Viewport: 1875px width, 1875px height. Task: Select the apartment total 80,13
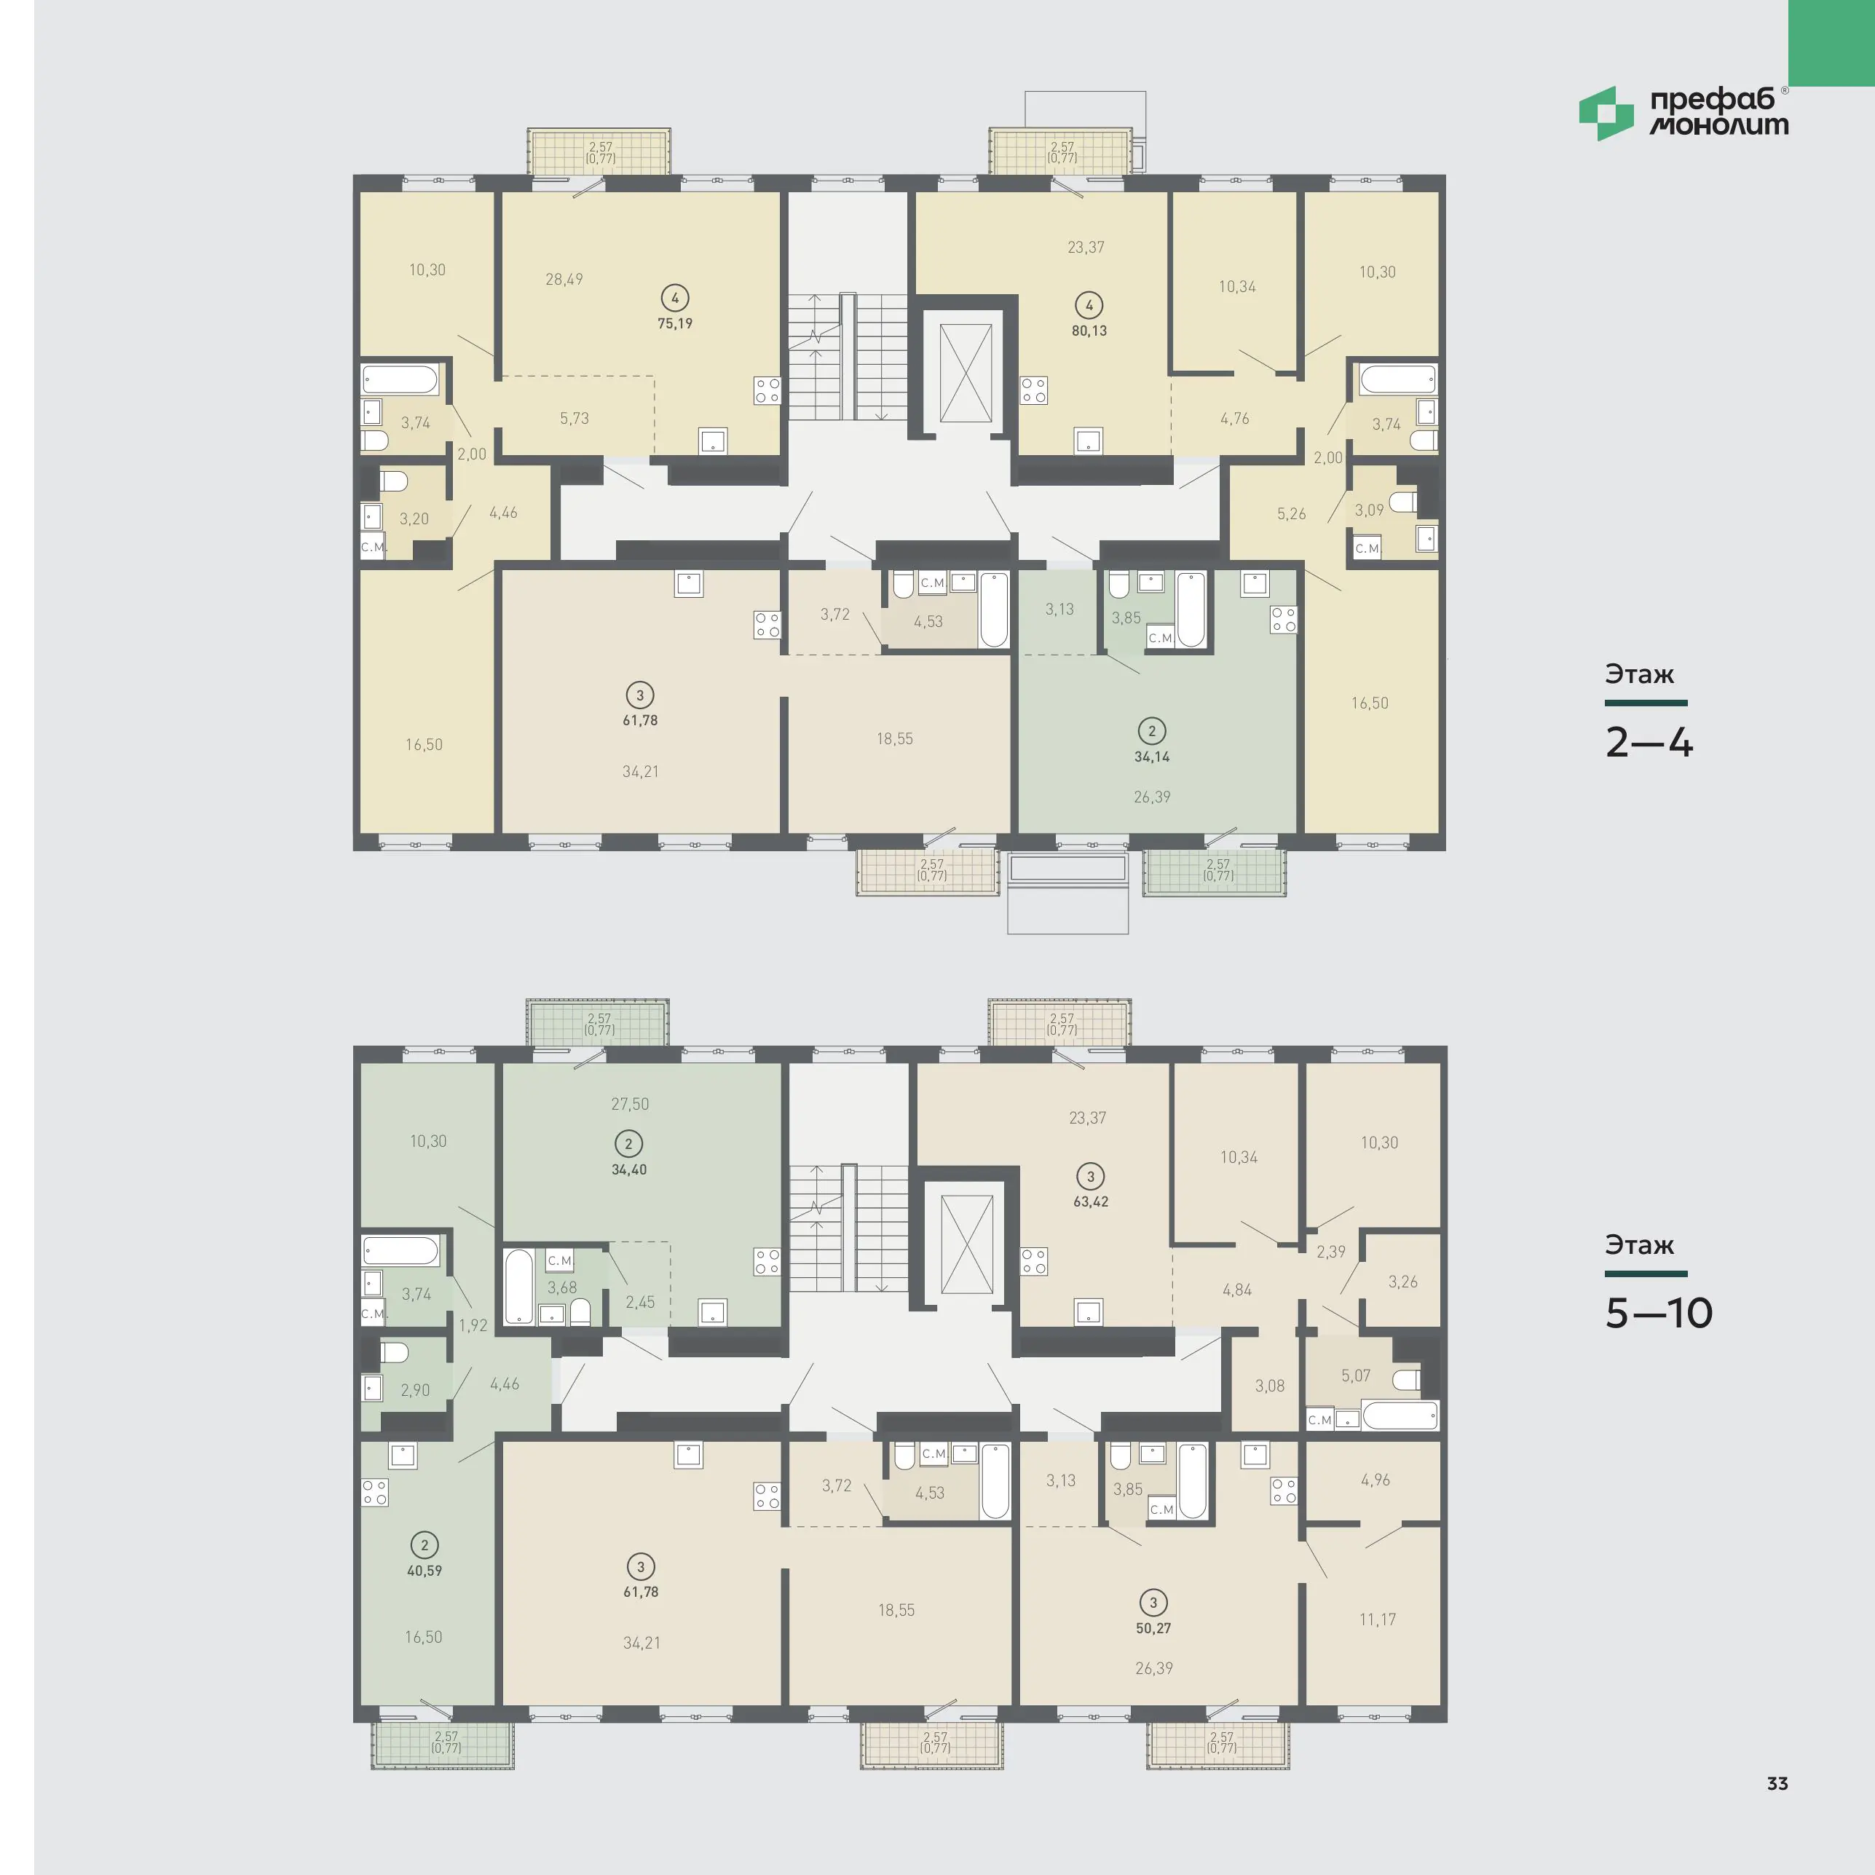pos(1089,330)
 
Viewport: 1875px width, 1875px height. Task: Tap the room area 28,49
pos(564,280)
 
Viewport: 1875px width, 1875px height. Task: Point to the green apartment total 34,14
pos(1152,756)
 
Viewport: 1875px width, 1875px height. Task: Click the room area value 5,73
pos(575,418)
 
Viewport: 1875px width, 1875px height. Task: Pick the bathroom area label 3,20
pos(414,518)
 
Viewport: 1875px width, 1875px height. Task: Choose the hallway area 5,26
pos(1292,513)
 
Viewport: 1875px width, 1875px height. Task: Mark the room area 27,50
pos(630,1103)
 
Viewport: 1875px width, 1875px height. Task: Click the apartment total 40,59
pos(424,1570)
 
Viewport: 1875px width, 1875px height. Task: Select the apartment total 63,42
pos(1091,1201)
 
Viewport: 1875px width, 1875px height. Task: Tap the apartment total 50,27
pos(1154,1627)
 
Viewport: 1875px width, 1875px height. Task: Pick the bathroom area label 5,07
pos(1356,1375)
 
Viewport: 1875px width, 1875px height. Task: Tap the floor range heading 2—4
pos(1649,743)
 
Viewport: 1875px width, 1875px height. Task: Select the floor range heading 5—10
pos(1659,1312)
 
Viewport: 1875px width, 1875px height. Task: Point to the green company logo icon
pos(1606,114)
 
